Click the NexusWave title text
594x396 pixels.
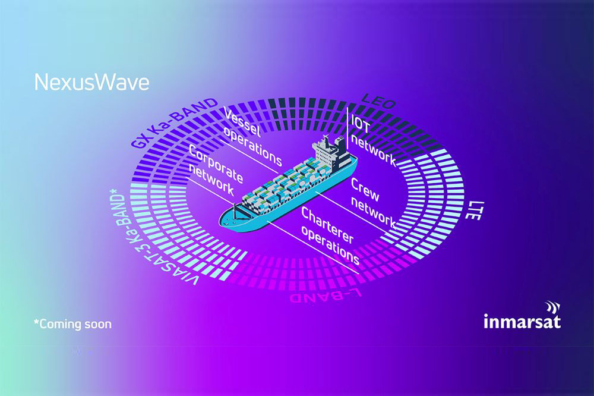coord(91,82)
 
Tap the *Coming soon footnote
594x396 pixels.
coord(72,324)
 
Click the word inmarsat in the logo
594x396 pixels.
coord(522,322)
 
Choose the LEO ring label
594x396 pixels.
coord(378,102)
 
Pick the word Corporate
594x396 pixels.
coord(216,164)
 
